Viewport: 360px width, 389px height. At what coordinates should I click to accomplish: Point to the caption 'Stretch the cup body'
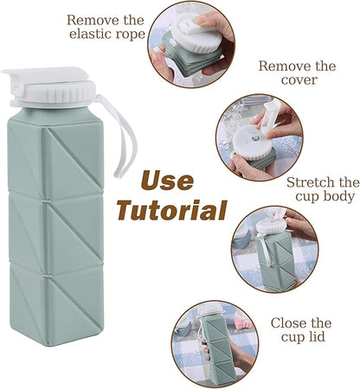click(x=323, y=191)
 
